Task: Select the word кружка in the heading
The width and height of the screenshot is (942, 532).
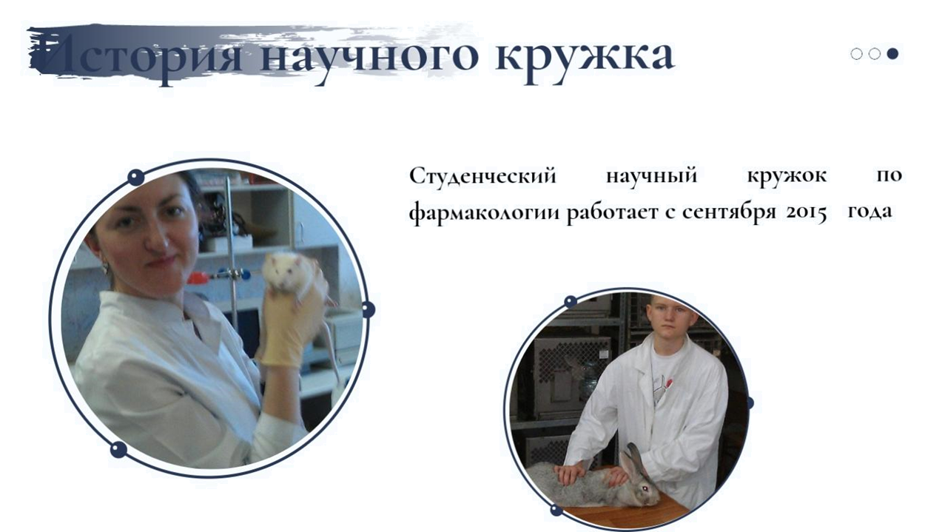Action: [x=585, y=57]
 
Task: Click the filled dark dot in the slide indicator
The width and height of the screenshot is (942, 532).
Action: [x=893, y=54]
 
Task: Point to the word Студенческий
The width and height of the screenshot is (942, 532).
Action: [x=482, y=176]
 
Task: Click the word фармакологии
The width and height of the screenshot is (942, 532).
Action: [x=485, y=212]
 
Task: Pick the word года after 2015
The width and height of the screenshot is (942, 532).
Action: [x=869, y=211]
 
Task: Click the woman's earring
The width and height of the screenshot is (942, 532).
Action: [x=105, y=268]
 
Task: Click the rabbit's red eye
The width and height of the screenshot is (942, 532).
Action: [x=645, y=488]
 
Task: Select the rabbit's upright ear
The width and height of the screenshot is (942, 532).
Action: [x=638, y=459]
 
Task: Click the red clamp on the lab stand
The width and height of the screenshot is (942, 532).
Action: [x=198, y=278]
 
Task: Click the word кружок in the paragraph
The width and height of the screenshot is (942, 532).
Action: [x=787, y=176]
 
